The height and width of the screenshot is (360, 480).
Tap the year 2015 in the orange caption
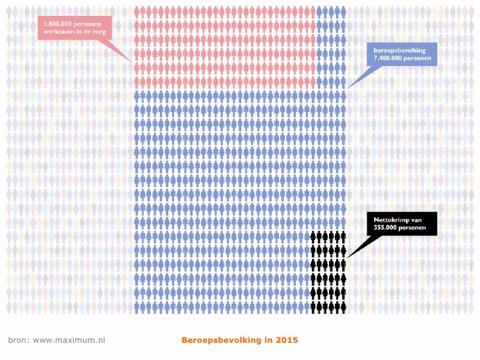pos(287,340)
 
